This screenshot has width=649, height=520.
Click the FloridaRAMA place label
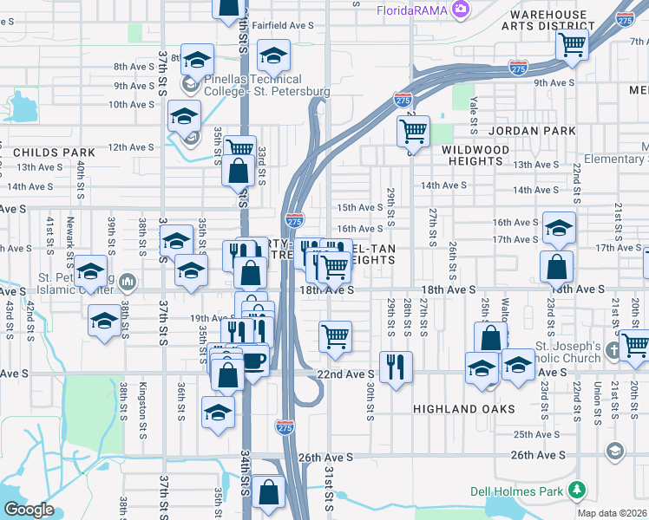tap(411, 10)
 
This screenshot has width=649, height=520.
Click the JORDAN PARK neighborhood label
tap(532, 131)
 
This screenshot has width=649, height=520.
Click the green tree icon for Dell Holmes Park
tap(577, 491)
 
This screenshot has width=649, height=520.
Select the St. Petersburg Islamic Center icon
tap(128, 282)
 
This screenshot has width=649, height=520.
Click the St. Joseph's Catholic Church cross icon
tap(613, 350)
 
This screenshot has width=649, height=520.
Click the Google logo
tap(29, 510)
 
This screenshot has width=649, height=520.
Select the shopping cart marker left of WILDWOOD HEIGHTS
tap(413, 132)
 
